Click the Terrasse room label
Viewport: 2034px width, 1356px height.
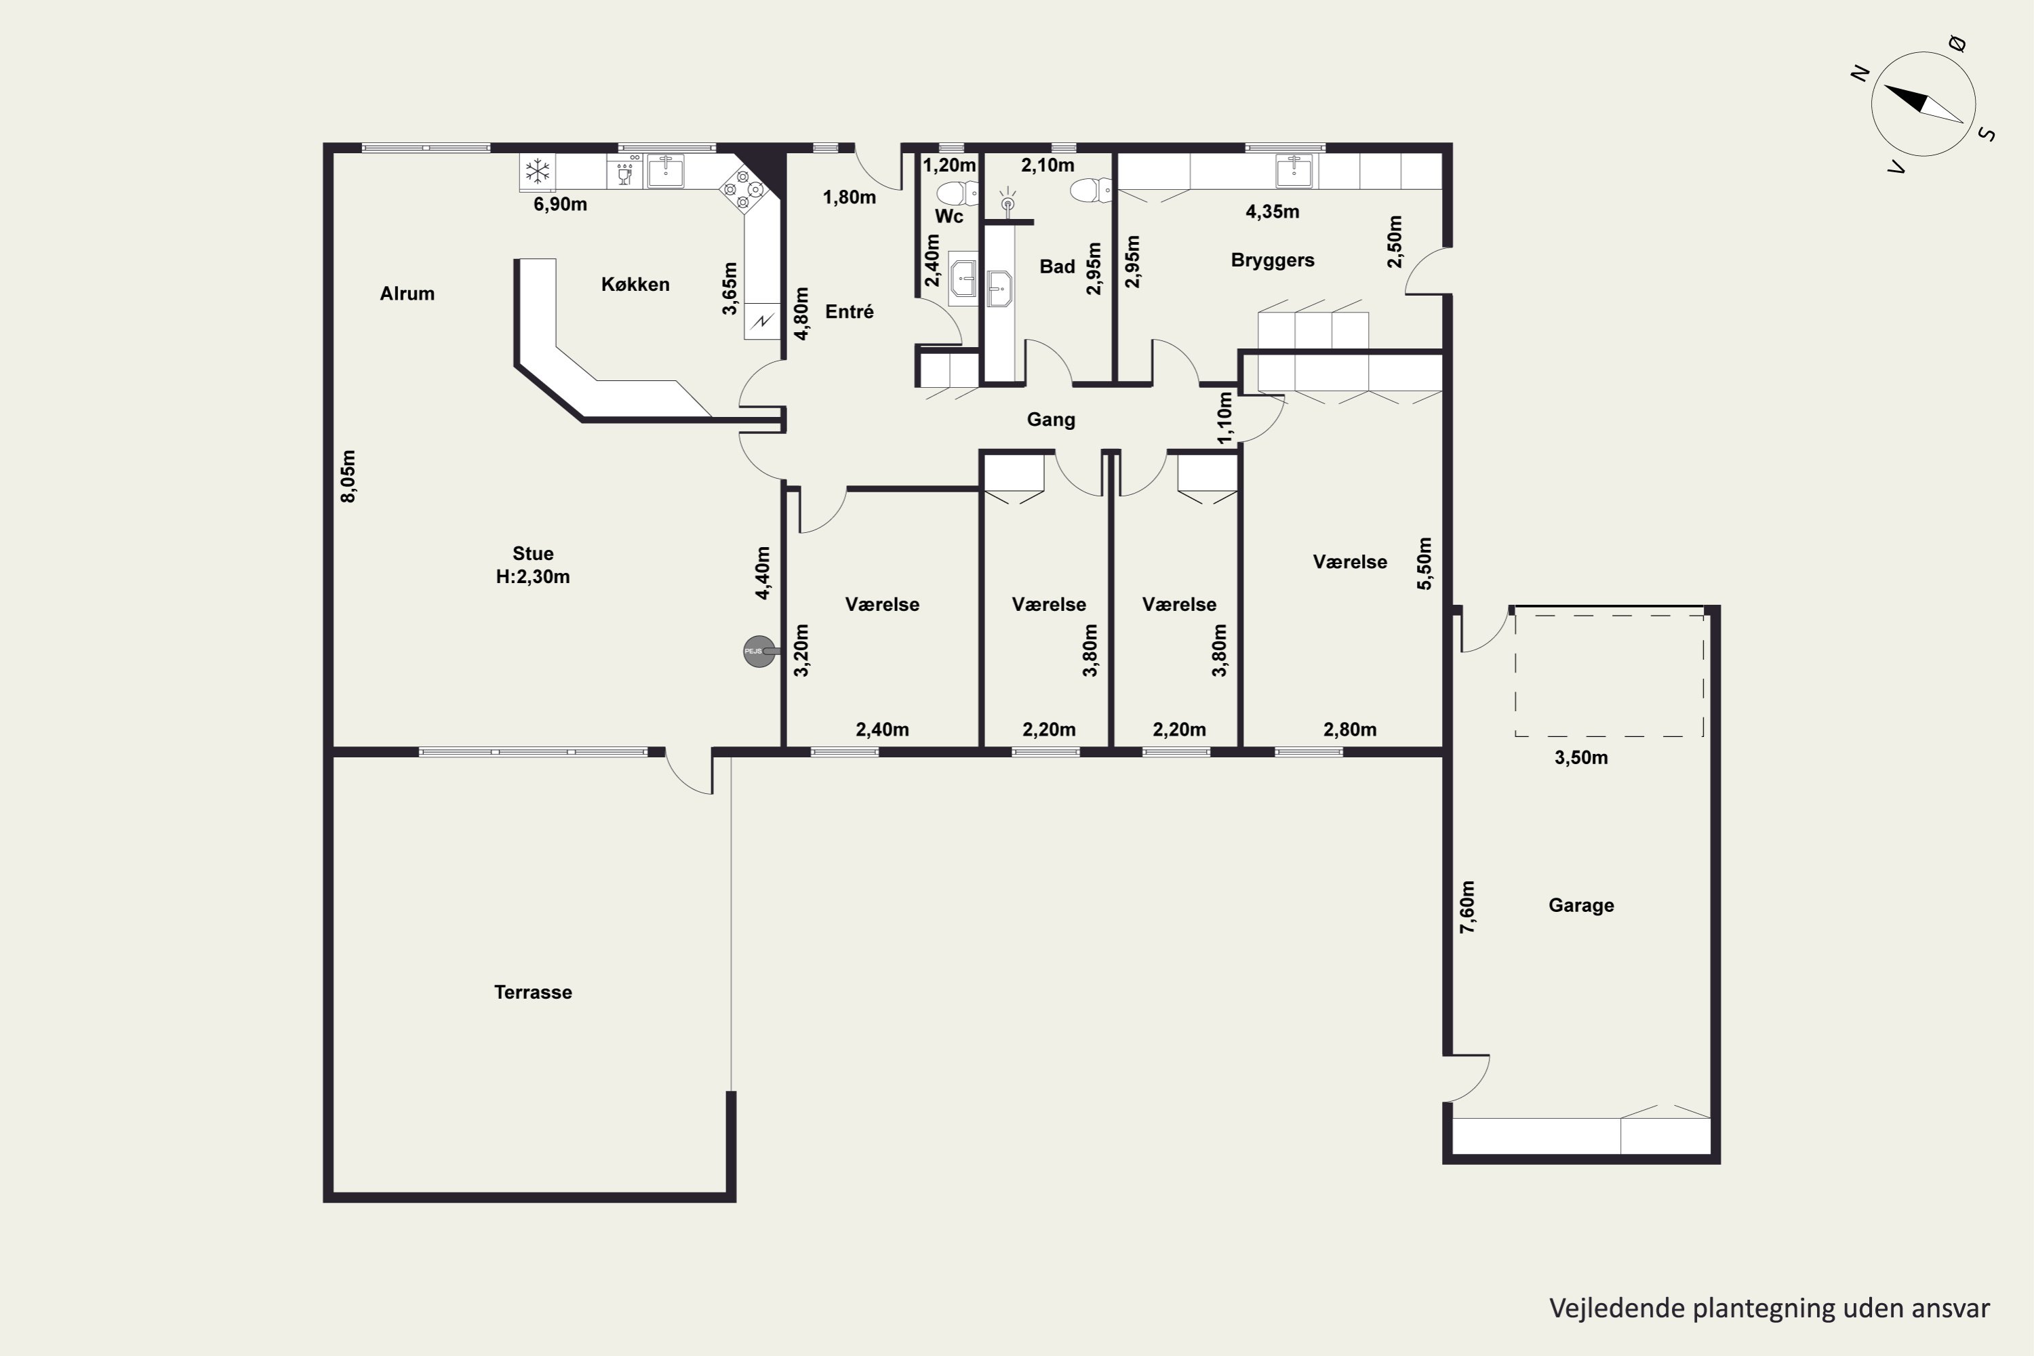point(533,992)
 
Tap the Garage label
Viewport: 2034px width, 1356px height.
point(1581,905)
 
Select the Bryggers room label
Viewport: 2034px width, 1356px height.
point(1272,260)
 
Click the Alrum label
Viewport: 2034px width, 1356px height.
point(406,294)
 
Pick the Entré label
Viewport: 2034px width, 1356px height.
point(850,311)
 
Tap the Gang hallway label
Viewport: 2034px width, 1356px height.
point(1051,420)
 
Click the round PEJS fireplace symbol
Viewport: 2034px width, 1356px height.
point(759,651)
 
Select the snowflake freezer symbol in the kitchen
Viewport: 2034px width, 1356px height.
point(538,172)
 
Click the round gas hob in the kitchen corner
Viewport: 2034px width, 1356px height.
point(743,189)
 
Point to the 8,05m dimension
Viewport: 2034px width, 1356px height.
point(348,476)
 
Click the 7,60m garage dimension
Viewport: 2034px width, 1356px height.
point(1468,907)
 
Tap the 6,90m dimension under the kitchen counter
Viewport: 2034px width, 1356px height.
point(561,204)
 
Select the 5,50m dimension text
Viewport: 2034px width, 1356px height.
point(1424,564)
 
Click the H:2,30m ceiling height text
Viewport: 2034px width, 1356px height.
point(533,577)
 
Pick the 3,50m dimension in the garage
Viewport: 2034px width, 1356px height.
point(1581,757)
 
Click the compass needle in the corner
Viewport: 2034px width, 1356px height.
point(1923,104)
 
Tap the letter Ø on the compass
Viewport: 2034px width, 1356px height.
point(1958,44)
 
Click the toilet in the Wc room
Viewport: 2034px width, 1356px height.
point(957,193)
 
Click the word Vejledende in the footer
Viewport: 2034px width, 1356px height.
point(1616,1309)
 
